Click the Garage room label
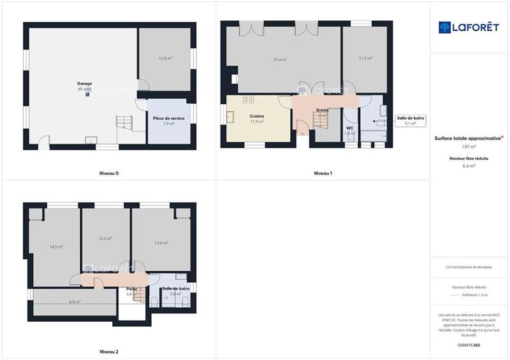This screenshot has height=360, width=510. (x=85, y=83)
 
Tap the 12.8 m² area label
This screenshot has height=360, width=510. (x=166, y=58)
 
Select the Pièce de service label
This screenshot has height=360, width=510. (x=168, y=118)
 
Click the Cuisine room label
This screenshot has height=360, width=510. (x=257, y=116)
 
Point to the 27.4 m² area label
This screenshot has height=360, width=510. (x=280, y=60)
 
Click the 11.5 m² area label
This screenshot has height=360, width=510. (x=365, y=58)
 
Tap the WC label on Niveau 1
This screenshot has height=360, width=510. (x=349, y=128)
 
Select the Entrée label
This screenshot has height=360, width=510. (x=322, y=110)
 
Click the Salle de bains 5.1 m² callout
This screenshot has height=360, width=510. (x=411, y=120)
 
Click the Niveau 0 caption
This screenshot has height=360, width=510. (x=109, y=173)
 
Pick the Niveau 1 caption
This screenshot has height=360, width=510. (x=323, y=173)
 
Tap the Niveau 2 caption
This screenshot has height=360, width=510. (x=109, y=351)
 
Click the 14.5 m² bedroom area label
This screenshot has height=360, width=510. (x=56, y=247)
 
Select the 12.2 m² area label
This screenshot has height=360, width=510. (x=105, y=239)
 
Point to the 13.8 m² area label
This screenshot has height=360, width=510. (x=161, y=243)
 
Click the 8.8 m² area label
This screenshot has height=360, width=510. (x=74, y=302)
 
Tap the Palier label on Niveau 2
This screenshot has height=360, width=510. (x=131, y=289)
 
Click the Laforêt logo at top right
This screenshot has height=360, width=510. (x=469, y=27)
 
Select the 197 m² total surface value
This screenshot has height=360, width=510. (x=469, y=147)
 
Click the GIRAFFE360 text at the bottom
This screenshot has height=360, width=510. (x=470, y=345)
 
